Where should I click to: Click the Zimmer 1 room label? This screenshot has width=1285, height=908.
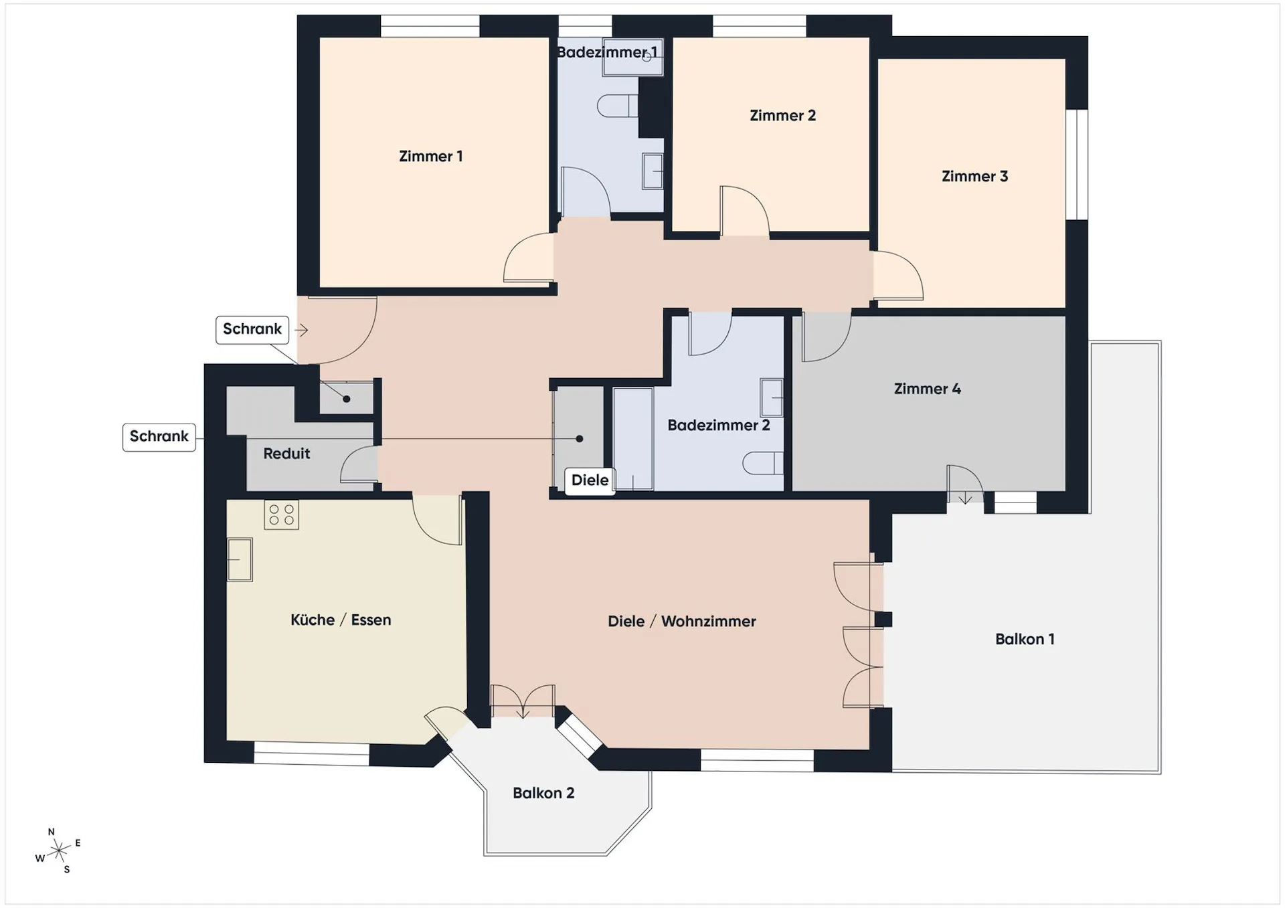click(x=430, y=157)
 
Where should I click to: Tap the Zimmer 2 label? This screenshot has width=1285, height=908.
click(x=782, y=116)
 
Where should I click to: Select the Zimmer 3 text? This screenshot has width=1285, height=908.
click(x=974, y=177)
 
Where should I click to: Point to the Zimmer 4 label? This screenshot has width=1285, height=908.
click(x=927, y=389)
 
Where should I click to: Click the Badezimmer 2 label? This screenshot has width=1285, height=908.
click(x=718, y=425)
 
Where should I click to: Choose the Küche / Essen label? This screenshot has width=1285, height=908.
click(x=341, y=620)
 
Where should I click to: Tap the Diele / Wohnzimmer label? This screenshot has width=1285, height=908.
click(x=681, y=622)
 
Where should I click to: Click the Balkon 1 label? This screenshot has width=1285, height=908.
click(x=1025, y=639)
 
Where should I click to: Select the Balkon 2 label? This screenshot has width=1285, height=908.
click(x=543, y=793)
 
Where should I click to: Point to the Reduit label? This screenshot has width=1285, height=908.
click(x=286, y=454)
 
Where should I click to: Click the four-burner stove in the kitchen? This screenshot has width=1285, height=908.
click(x=281, y=515)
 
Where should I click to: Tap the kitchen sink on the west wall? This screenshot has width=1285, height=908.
click(x=240, y=559)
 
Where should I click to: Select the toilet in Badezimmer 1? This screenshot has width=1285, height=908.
click(x=617, y=106)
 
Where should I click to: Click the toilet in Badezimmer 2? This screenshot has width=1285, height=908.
click(x=763, y=463)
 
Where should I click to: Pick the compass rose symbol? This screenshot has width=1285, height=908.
click(x=59, y=850)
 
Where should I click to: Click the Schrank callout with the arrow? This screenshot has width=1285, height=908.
click(x=252, y=330)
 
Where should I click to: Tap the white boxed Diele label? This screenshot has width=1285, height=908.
click(x=590, y=480)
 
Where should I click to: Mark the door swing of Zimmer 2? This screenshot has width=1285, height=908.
click(x=745, y=211)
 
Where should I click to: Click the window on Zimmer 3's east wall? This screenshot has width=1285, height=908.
click(x=1077, y=165)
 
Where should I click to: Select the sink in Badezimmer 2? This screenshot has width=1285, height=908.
click(x=772, y=397)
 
